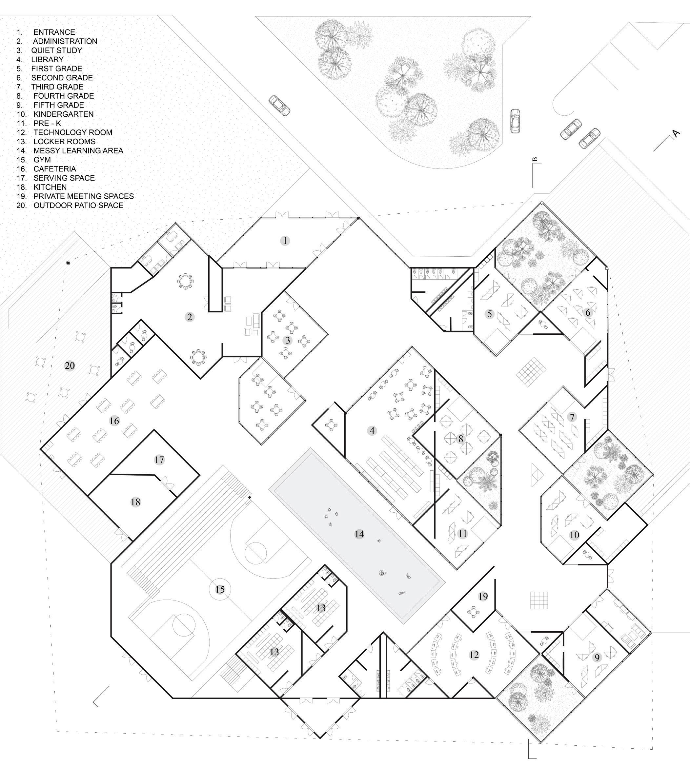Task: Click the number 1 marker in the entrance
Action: [x=285, y=241]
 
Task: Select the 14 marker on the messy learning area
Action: [x=359, y=534]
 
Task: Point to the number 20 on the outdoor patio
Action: [x=70, y=365]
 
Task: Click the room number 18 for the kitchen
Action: [x=135, y=502]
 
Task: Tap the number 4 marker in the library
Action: [x=372, y=430]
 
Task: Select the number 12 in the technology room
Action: [x=474, y=655]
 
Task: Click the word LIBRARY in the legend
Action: [x=48, y=59]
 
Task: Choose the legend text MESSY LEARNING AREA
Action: [x=78, y=151]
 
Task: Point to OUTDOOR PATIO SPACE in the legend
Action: [x=78, y=205]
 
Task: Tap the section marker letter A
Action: [x=676, y=133]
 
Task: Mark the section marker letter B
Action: [x=535, y=160]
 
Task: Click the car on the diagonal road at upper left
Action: [x=279, y=105]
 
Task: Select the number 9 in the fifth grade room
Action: [x=597, y=657]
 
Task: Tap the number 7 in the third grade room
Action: [x=572, y=417]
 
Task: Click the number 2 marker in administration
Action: [x=190, y=317]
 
